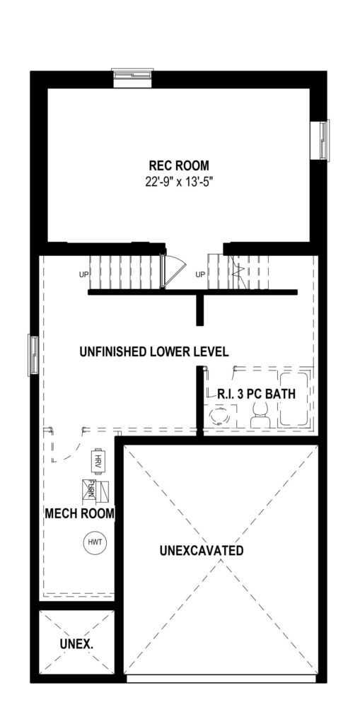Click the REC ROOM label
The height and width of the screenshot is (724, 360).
tap(178, 165)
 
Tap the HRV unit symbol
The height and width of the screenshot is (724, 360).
tap(97, 461)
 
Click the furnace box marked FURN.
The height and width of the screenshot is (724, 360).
tap(95, 490)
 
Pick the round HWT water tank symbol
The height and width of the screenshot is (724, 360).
tap(94, 542)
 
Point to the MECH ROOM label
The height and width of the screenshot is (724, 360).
tap(80, 513)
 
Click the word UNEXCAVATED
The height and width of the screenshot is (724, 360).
tap(202, 550)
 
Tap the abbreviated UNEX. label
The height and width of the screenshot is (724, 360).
tap(76, 644)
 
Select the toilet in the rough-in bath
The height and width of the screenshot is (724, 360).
tap(260, 413)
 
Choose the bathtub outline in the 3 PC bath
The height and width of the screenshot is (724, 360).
tap(294, 399)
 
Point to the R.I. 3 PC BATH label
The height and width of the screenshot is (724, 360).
tap(257, 395)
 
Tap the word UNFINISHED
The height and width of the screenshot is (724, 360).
tap(113, 352)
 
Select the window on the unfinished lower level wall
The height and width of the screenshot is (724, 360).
tap(33, 355)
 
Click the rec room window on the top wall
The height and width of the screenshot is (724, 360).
tap(133, 76)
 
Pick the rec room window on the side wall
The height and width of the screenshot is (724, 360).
tap(324, 141)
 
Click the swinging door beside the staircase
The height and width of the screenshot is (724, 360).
tap(172, 271)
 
